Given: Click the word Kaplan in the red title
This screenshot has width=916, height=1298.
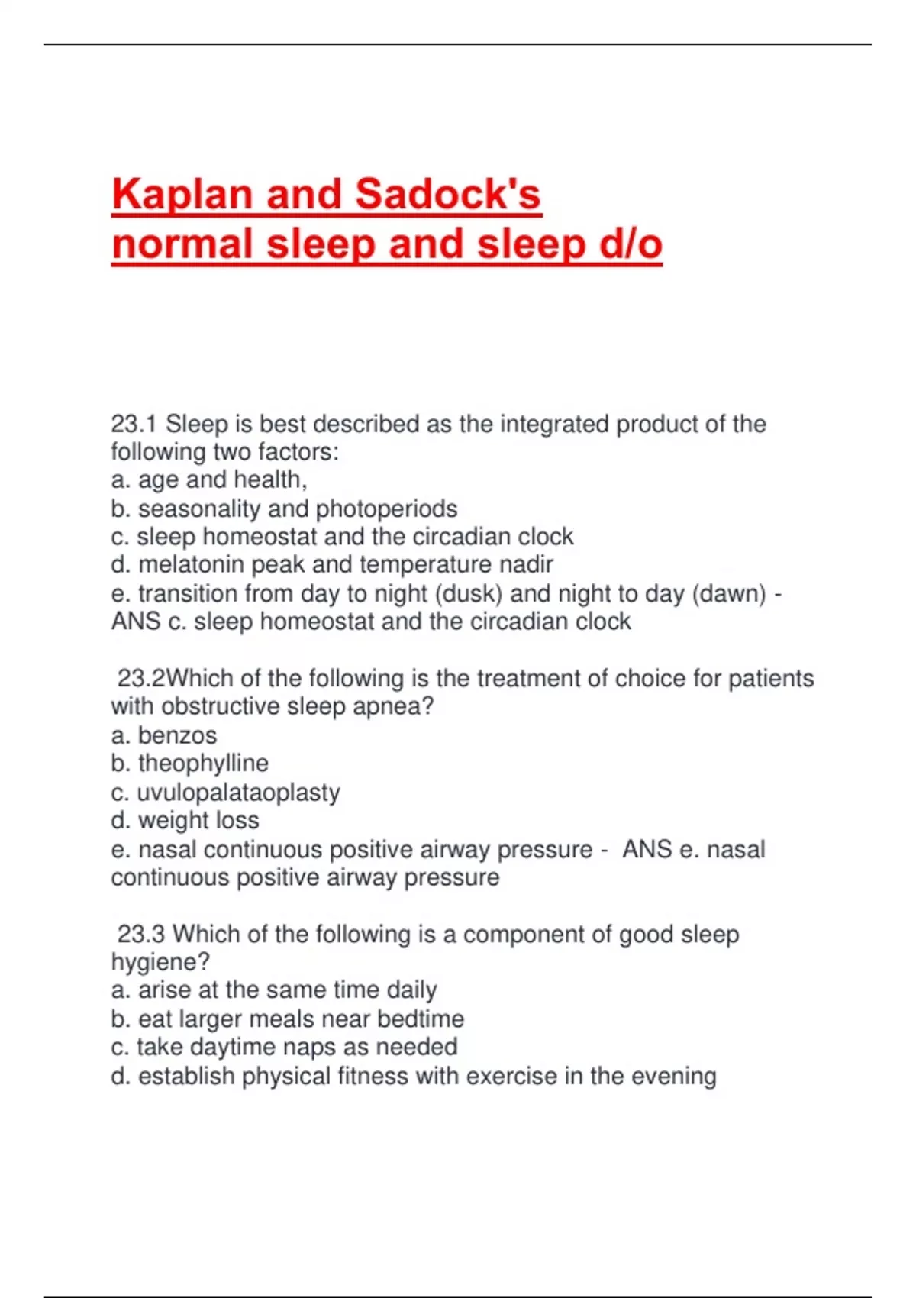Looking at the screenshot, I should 182,195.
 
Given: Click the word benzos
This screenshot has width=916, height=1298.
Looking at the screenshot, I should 177,735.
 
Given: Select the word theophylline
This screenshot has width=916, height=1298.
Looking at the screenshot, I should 203,764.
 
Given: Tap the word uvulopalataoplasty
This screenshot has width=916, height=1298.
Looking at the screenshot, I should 238,793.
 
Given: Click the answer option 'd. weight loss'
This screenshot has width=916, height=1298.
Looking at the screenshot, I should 185,821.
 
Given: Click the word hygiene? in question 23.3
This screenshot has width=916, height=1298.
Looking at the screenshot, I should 160,962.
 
